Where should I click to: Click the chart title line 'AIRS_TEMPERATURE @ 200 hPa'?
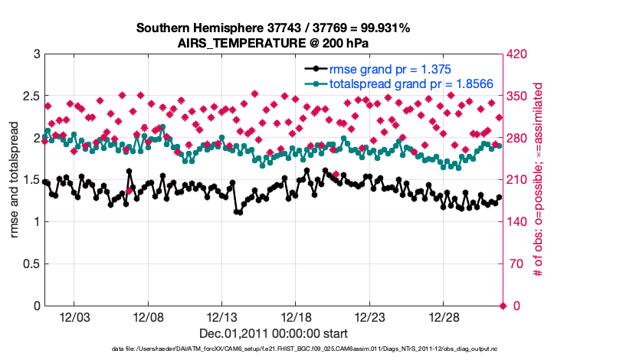(x=273, y=43)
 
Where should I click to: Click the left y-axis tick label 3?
(x=36, y=54)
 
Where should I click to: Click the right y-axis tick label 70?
(x=513, y=264)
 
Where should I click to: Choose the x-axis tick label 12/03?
(x=74, y=317)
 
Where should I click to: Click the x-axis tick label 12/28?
(x=444, y=317)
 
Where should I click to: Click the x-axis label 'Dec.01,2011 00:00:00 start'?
(x=273, y=333)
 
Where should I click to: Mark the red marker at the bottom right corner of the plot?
(x=503, y=306)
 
